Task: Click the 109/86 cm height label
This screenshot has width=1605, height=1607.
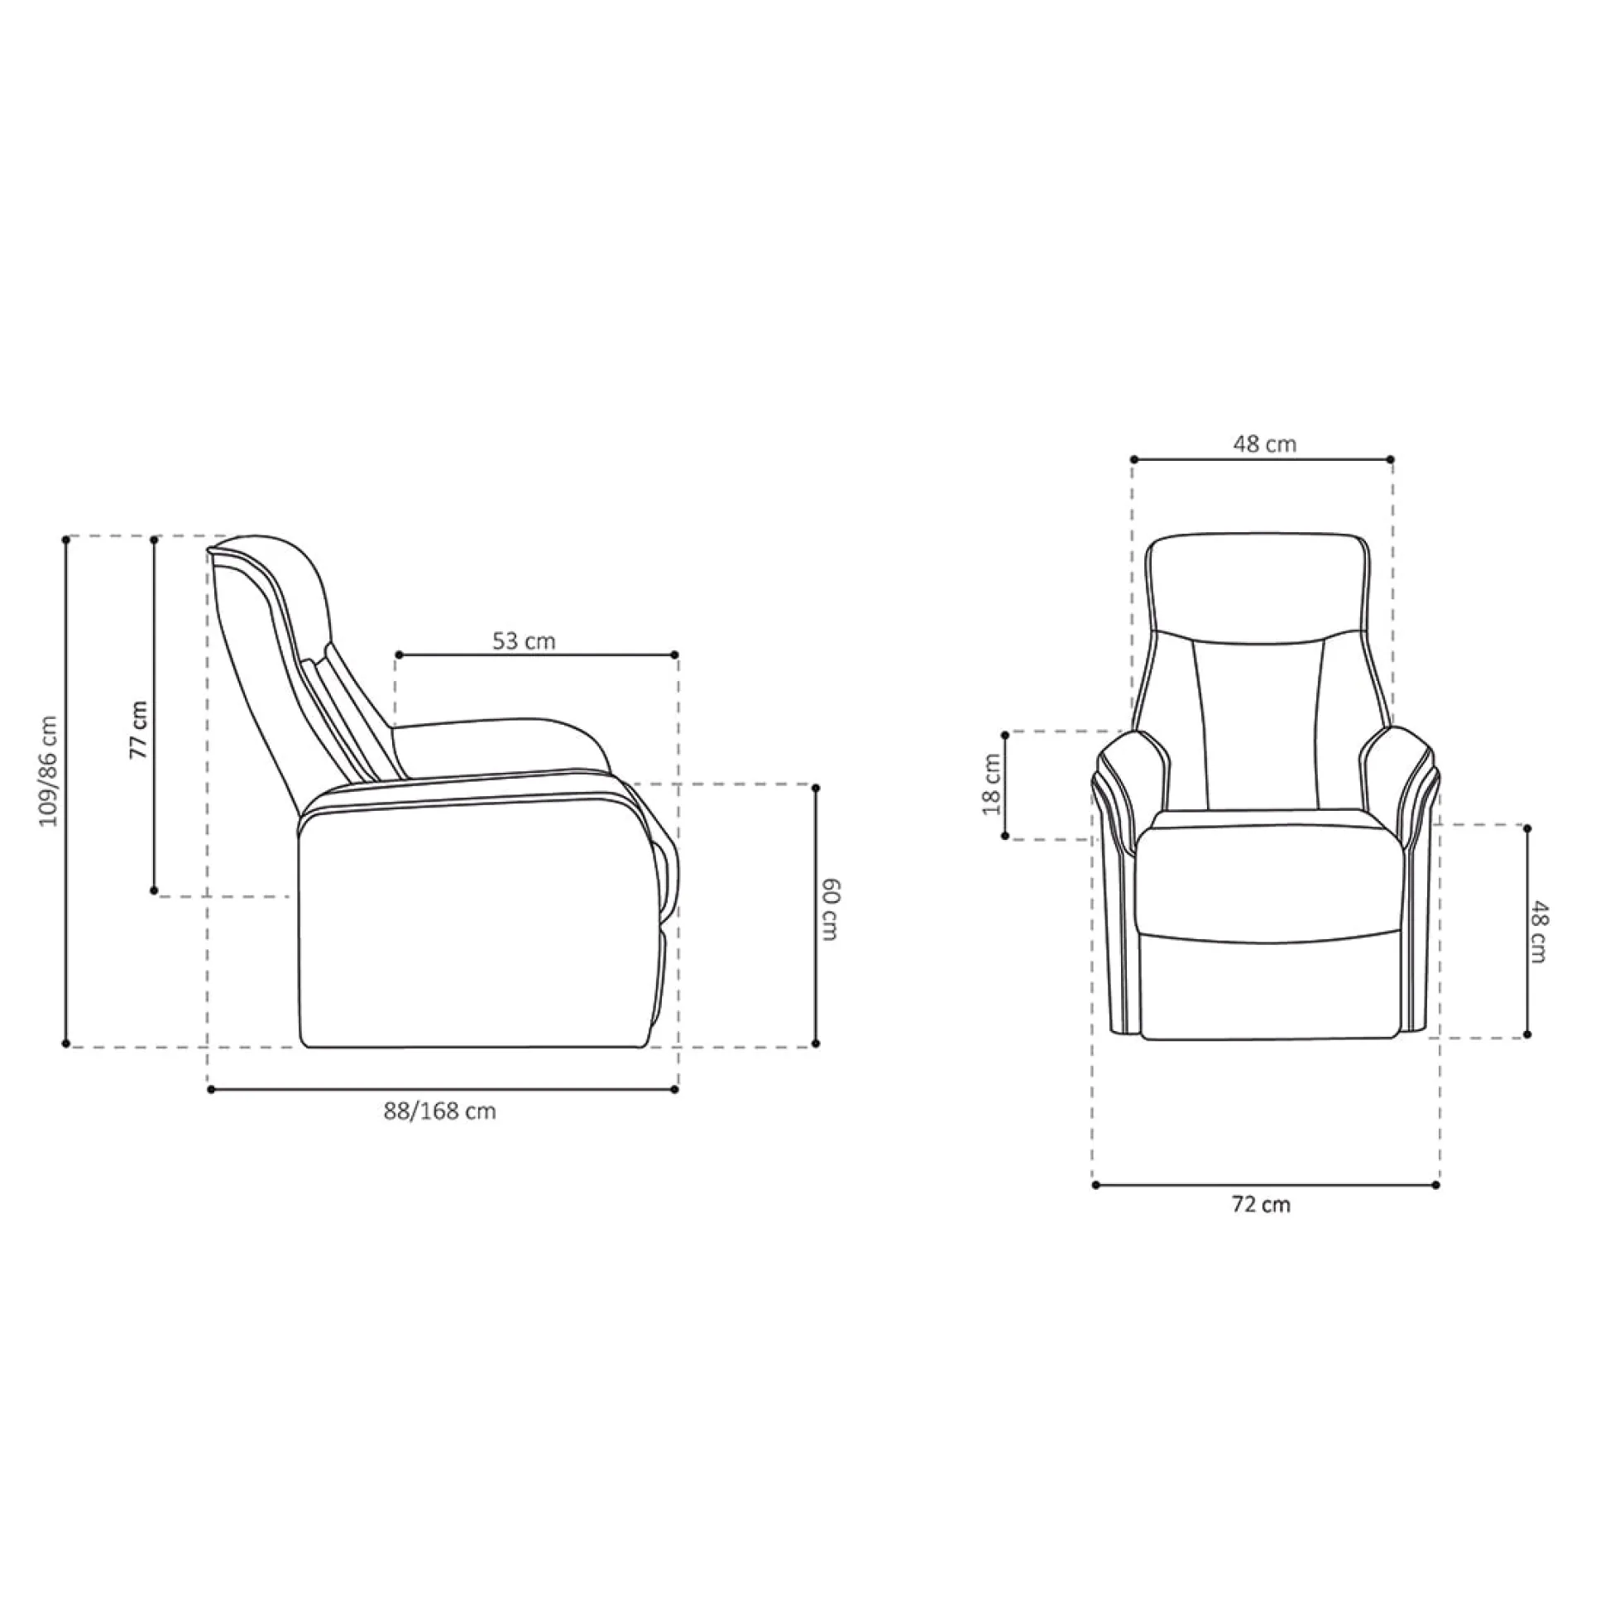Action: coord(50,770)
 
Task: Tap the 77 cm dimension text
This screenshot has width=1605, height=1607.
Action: coord(139,730)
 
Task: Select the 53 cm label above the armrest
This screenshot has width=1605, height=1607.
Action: coord(523,641)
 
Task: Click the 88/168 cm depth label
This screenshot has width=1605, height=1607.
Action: coord(439,1111)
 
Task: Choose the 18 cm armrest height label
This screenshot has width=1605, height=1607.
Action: coord(992,784)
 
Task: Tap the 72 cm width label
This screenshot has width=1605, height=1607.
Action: coord(1261,1204)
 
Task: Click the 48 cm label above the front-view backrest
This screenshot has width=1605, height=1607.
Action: coord(1264,444)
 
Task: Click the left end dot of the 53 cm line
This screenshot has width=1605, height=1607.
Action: coord(398,655)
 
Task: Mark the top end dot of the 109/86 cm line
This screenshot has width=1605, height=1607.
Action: coord(66,540)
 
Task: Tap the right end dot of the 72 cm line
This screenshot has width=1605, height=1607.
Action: coord(1436,1184)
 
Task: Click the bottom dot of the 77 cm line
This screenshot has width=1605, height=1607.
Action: coord(154,891)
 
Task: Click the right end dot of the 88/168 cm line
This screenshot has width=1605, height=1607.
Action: coord(674,1089)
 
